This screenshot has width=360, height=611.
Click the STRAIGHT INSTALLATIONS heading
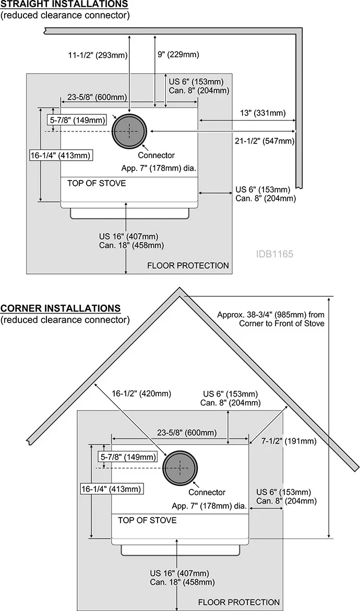64,4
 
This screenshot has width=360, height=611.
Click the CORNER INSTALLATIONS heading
61,308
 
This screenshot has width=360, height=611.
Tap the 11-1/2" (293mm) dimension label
98,55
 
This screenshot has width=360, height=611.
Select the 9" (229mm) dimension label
178,55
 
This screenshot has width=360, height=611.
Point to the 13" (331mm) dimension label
262,113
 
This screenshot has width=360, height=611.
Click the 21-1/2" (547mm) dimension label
265,141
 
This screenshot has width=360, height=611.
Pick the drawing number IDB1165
274,254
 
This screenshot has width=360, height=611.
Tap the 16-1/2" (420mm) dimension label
141,393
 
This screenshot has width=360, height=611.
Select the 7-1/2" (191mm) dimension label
289,441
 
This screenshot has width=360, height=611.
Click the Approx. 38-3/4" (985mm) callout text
271,319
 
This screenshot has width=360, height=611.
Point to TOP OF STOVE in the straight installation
97,183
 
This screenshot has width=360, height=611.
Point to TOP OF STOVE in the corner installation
147,520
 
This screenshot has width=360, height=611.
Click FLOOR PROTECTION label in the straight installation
188,266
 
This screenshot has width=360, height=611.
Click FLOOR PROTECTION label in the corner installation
239,603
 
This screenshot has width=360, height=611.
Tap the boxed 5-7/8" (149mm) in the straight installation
78,120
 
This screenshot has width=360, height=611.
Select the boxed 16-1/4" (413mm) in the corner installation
111,489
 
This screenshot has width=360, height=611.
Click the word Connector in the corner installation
207,492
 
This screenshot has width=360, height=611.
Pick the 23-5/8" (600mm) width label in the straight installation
97,97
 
